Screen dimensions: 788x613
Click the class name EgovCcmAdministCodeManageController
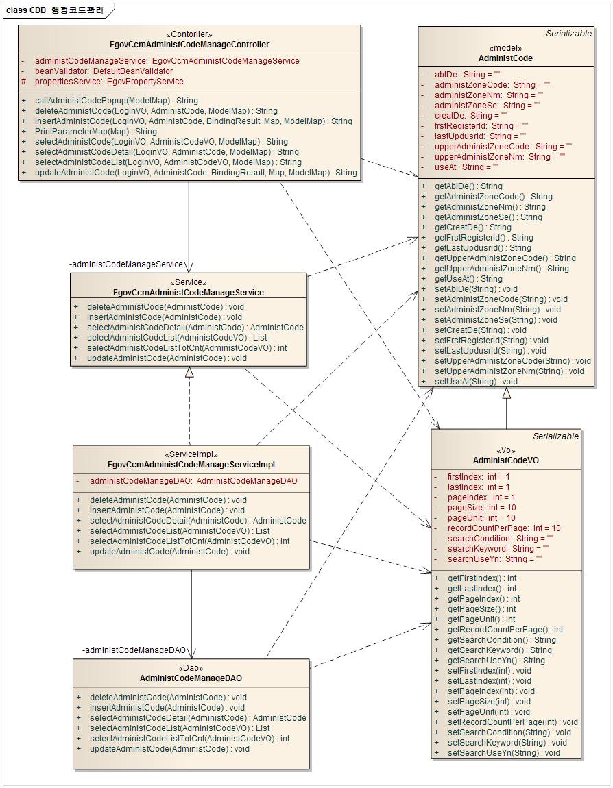pyautogui.click(x=189, y=45)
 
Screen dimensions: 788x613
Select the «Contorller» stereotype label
pyautogui.click(x=189, y=34)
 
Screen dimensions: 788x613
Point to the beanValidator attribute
pyautogui.click(x=104, y=71)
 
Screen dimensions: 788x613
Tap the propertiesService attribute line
pyautogui.click(x=109, y=82)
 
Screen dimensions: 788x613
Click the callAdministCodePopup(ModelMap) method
pyautogui.click(x=116, y=101)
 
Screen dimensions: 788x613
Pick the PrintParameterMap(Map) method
pyautogui.click(x=95, y=132)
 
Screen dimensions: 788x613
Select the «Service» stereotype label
pyautogui.click(x=189, y=282)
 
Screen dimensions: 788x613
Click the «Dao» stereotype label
pyautogui.click(x=191, y=668)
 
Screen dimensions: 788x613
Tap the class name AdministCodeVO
pyautogui.click(x=506, y=460)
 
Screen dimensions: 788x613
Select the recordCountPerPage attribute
pyautogui.click(x=504, y=528)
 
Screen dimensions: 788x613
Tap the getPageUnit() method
pyautogui.click(x=481, y=619)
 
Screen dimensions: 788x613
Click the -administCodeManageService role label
pyautogui.click(x=126, y=264)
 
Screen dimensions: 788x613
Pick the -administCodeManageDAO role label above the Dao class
pyautogui.click(x=134, y=650)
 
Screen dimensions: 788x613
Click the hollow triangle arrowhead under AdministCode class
pyautogui.click(x=506, y=393)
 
